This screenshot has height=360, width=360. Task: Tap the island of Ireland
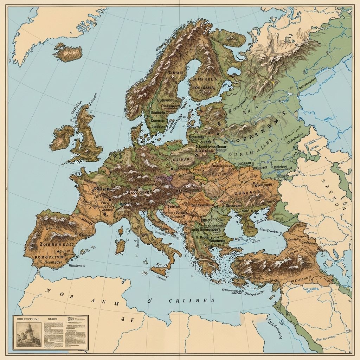(x=62, y=137)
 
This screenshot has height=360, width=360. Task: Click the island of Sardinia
(x=121, y=246)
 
